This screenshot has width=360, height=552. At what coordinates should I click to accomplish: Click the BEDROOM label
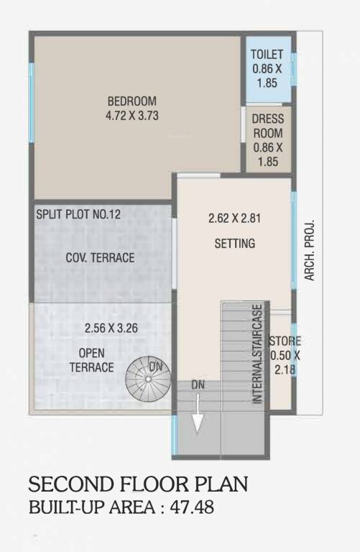(132, 101)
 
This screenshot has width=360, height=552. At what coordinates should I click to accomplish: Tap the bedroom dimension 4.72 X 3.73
(132, 114)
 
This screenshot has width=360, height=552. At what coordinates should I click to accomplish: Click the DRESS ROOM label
(268, 126)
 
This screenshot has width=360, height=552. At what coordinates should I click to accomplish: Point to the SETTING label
(235, 244)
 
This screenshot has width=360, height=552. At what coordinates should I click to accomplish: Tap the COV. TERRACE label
(100, 257)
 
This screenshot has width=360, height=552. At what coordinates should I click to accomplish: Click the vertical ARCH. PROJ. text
(311, 249)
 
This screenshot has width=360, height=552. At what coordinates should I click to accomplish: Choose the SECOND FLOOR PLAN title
(138, 484)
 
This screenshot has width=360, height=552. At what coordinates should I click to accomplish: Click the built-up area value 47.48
(190, 507)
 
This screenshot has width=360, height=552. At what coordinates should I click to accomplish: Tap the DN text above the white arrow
(198, 386)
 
